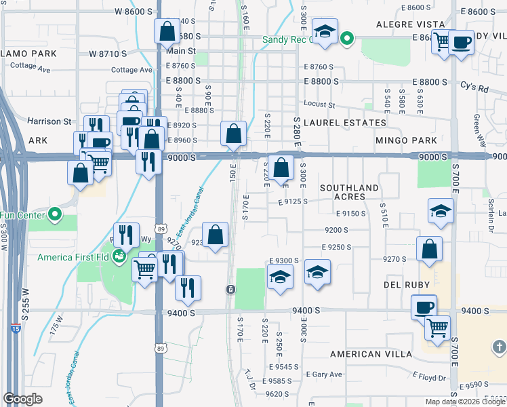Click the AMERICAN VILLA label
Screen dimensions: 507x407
(x=370, y=354)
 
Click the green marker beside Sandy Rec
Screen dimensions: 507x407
(x=346, y=39)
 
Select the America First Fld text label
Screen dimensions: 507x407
(x=73, y=257)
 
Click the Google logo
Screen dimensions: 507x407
(x=22, y=399)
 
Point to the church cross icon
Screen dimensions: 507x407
(x=498, y=348)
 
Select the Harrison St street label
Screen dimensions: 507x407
(x=49, y=121)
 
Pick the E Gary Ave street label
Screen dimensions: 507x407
(x=324, y=374)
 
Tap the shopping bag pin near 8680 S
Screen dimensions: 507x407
(x=166, y=31)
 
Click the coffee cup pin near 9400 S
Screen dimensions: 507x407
(x=424, y=307)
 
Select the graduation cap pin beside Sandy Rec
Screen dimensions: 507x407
(x=325, y=31)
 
